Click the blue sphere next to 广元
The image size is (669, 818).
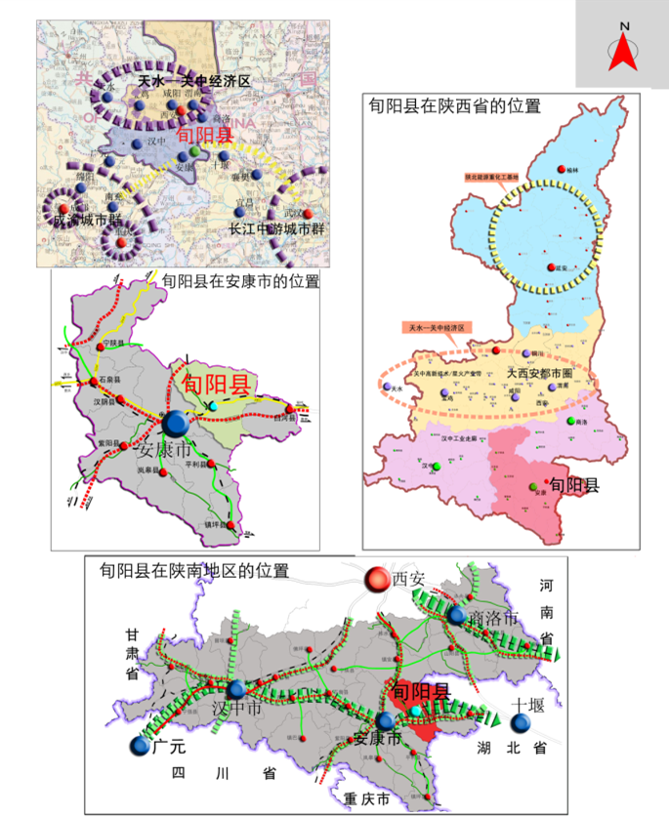pos(140,747)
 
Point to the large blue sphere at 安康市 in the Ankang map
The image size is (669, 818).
pos(177,423)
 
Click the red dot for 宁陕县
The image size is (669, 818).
pos(100,347)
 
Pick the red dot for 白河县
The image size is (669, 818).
pos(292,408)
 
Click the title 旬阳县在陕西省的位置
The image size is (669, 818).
pos(453,106)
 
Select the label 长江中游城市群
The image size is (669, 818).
pos(277,228)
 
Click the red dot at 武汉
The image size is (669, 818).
pos(309,214)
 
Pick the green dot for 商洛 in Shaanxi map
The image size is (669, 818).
pos(570,421)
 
